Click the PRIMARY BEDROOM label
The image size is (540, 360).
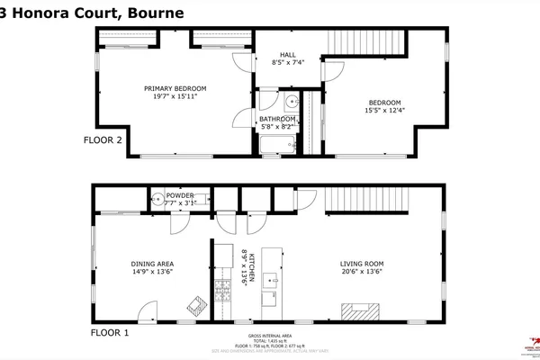click(175, 88)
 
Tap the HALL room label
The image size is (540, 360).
click(289, 53)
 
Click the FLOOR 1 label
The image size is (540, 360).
click(110, 333)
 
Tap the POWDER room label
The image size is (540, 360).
click(180, 194)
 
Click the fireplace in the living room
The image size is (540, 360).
click(360, 311)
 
